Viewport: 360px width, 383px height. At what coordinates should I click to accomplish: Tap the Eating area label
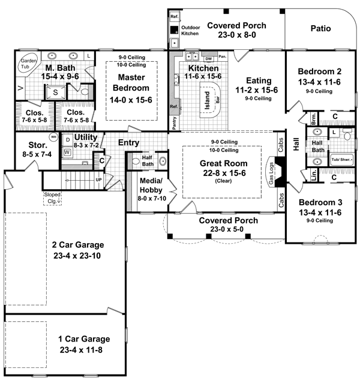pyautogui.click(x=259, y=80)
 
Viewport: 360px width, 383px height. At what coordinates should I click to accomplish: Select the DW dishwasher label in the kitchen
pyautogui.click(x=209, y=59)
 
